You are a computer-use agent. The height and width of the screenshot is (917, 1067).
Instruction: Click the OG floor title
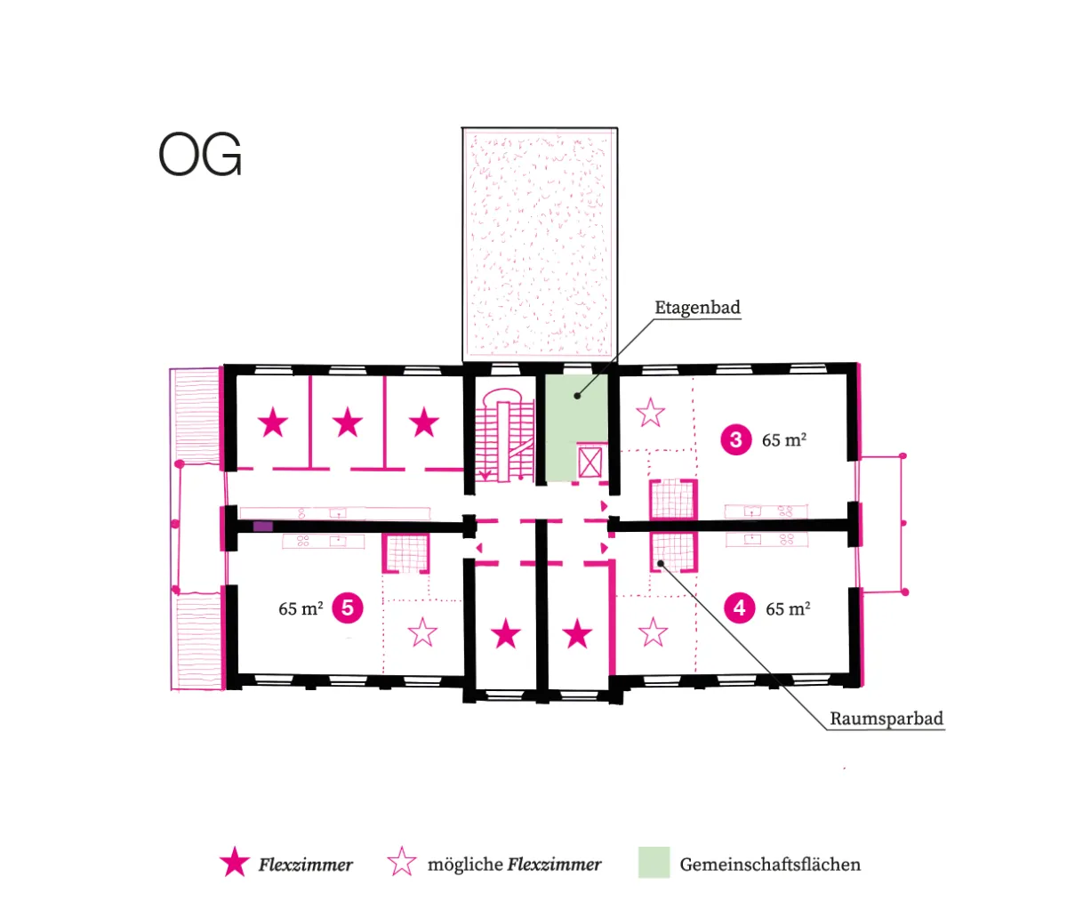point(200,153)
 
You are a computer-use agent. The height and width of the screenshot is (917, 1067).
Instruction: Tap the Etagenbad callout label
point(697,307)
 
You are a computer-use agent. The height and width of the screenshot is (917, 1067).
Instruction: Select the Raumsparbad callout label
point(886,719)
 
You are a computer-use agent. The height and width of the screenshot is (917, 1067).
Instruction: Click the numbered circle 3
point(735,440)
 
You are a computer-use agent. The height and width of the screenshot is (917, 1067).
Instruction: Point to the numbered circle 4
point(739,608)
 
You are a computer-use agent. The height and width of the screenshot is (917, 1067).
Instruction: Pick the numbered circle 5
point(348,607)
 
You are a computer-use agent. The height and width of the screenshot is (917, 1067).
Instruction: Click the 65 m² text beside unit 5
point(301,608)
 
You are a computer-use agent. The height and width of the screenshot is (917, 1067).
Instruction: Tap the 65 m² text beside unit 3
point(784,440)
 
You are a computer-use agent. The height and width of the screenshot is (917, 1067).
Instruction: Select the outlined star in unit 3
point(650,413)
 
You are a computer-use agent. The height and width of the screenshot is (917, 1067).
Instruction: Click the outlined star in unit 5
point(422,632)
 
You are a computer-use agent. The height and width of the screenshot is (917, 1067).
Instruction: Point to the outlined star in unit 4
point(653,632)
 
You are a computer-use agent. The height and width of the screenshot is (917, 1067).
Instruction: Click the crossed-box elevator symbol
point(590,463)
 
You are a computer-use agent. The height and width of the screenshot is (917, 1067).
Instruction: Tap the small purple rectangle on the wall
point(263,527)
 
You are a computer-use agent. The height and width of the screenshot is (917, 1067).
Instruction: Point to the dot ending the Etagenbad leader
point(577,396)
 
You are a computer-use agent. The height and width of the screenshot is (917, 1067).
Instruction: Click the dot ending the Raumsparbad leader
point(661,563)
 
